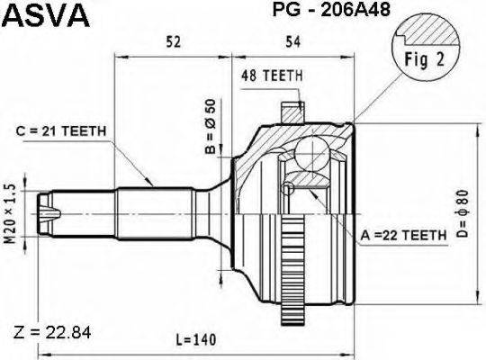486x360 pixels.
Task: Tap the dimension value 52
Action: pyautogui.click(x=173, y=40)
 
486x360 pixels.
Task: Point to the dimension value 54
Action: pyautogui.click(x=292, y=40)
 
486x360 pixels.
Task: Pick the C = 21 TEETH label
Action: pyautogui.click(x=62, y=131)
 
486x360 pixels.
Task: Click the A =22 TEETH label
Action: pyautogui.click(x=403, y=235)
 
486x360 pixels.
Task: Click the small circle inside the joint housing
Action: pyautogui.click(x=287, y=187)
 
